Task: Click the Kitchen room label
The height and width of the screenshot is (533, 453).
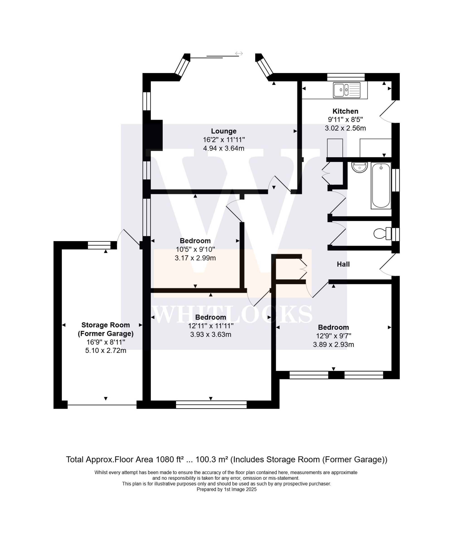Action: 345,111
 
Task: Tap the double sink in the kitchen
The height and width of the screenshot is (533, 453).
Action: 346,90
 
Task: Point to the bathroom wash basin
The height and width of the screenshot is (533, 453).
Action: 359,167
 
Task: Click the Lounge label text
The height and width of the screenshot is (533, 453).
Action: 224,131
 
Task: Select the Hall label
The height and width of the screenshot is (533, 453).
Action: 343,264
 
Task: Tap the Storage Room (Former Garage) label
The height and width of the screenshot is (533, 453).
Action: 106,329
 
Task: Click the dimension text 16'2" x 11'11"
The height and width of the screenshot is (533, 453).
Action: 224,140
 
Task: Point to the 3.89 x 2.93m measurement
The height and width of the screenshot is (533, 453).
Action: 333,345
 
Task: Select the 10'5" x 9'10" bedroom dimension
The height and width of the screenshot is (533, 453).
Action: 195,249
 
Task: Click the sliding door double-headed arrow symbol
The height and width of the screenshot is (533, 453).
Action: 239,53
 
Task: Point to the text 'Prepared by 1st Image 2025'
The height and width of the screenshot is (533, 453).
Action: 226,489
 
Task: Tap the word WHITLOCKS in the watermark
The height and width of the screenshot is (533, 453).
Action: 233,314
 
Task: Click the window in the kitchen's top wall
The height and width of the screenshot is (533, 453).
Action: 346,77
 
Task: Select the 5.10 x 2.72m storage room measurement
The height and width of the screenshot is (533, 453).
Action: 106,351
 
